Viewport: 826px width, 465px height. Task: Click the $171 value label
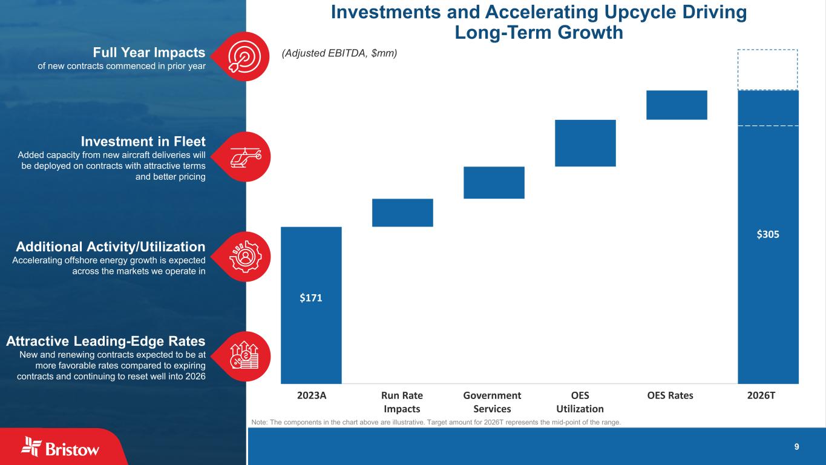coord(311,298)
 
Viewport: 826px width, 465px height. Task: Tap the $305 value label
coord(768,234)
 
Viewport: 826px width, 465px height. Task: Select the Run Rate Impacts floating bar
coord(402,213)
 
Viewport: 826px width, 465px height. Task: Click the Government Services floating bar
coord(494,182)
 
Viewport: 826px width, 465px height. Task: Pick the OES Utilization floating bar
coord(585,143)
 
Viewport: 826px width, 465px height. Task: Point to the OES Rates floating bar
coord(677,105)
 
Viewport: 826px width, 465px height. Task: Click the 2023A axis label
coord(312,395)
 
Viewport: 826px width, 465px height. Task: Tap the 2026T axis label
coord(768,395)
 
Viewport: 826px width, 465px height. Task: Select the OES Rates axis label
coord(670,395)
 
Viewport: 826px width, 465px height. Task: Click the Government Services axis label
coord(492,402)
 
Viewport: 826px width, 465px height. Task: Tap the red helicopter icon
coord(245,156)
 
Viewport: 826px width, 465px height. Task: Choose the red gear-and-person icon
coord(245,256)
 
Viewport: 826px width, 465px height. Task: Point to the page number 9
coord(796,447)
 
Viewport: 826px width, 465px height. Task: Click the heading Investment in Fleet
coord(143,141)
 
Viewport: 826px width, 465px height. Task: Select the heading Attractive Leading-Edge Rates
coord(106,341)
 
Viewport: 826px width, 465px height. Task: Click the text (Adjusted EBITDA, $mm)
coord(339,53)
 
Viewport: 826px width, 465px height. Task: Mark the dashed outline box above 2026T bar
coord(767,69)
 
